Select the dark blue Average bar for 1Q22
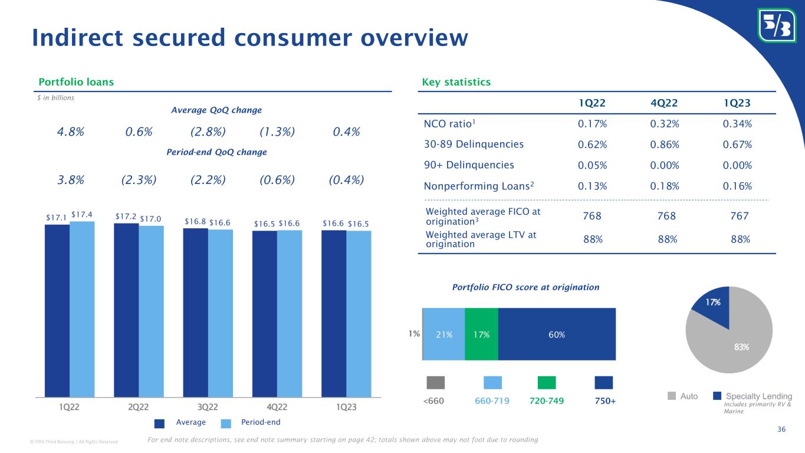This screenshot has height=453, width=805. (57, 310)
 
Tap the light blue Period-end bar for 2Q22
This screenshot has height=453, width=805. (151, 311)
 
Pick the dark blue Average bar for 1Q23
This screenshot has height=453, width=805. (334, 313)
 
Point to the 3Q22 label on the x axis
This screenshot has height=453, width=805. (208, 408)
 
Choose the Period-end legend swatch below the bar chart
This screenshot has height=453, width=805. (228, 422)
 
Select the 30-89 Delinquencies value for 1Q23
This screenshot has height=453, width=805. (737, 145)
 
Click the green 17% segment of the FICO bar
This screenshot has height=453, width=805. (481, 334)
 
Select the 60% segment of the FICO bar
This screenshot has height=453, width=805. (557, 334)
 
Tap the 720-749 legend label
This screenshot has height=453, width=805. (547, 401)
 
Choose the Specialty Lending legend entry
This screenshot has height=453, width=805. (758, 396)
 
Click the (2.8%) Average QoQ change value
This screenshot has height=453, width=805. (208, 132)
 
